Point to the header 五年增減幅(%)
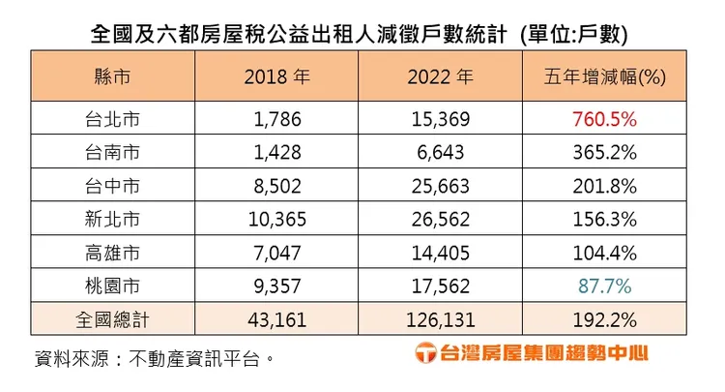click(x=612, y=76)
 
